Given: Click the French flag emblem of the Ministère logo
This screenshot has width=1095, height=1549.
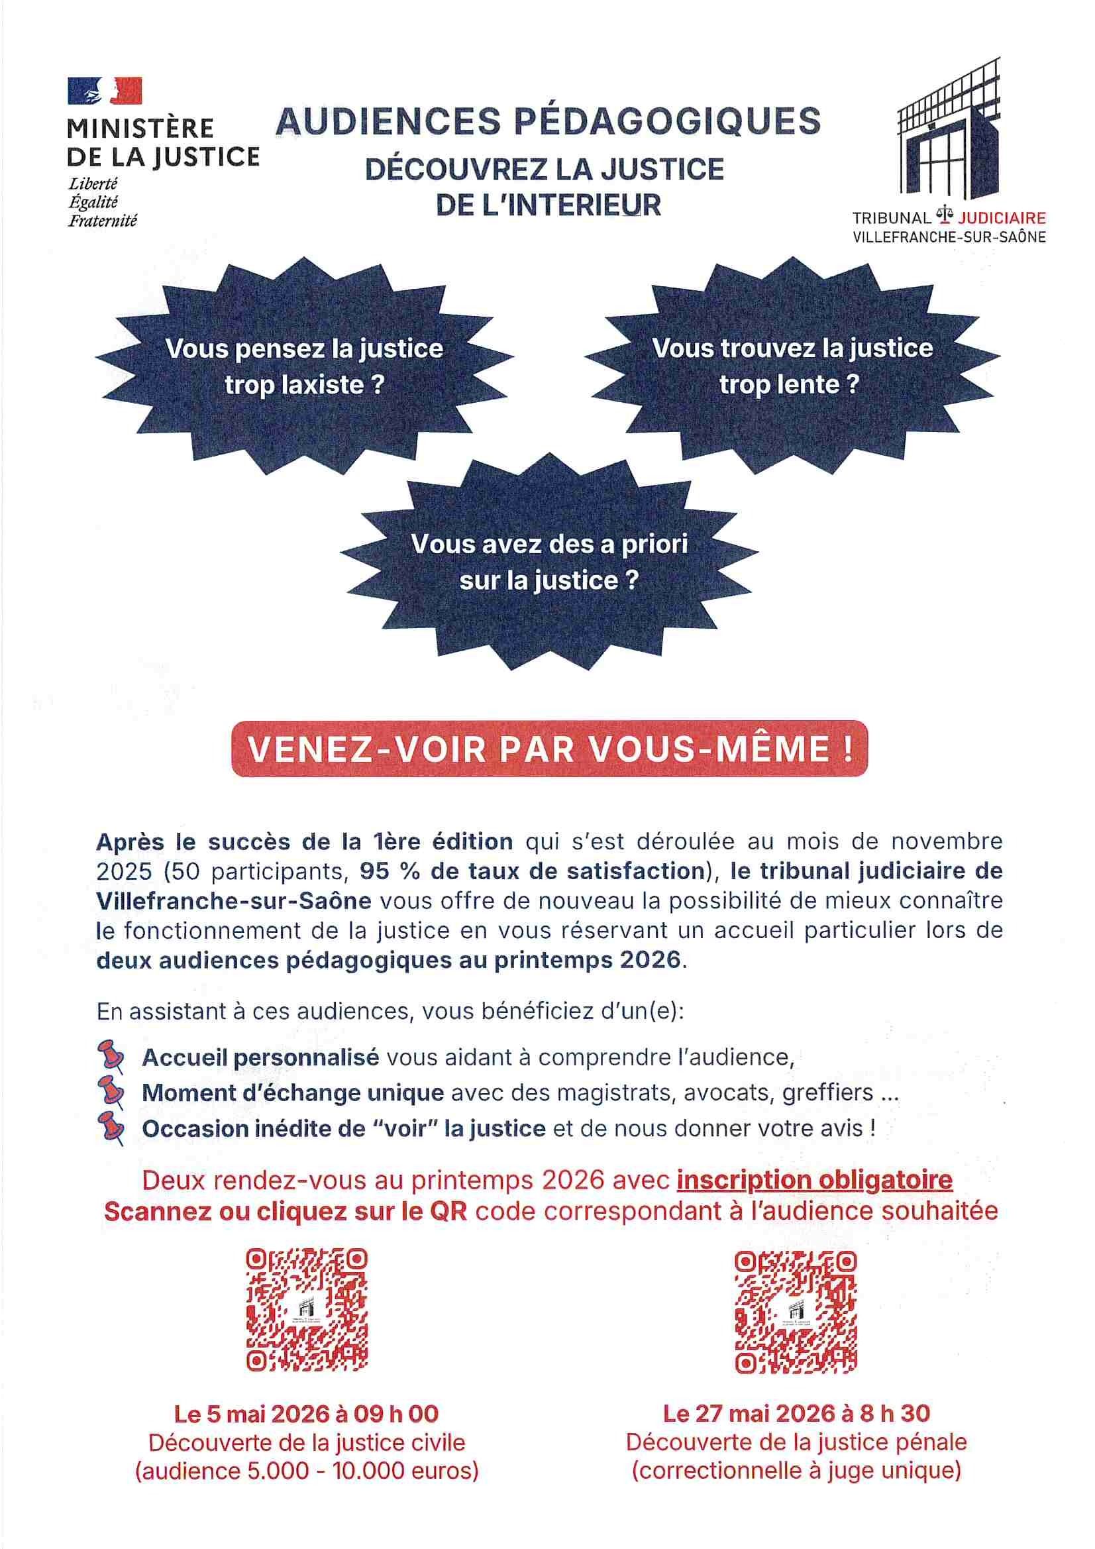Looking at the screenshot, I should click(x=105, y=90).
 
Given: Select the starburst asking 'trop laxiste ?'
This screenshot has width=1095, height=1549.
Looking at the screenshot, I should click(x=304, y=366).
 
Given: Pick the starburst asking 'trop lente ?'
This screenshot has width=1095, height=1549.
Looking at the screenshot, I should click(x=792, y=366).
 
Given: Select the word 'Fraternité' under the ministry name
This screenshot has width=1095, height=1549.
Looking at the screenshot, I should click(x=103, y=220).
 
